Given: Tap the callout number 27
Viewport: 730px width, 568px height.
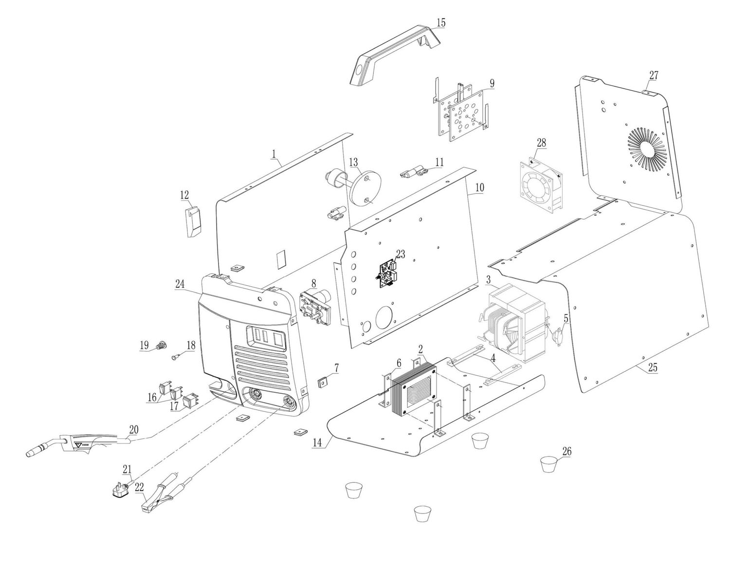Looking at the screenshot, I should tap(654, 75).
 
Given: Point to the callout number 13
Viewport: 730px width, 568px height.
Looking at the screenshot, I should tap(353, 161).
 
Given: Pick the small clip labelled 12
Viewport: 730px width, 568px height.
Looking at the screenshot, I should tap(192, 221).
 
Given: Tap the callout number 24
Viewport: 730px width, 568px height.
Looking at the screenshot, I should tap(180, 284).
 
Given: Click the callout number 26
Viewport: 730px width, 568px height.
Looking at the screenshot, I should tap(566, 451).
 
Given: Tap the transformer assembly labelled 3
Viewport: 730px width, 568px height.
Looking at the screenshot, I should tap(516, 323).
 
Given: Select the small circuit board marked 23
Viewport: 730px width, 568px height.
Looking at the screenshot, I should tap(390, 274).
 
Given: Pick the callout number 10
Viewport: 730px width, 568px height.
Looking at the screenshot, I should tap(480, 187).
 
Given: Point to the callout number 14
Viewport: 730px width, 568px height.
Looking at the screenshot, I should tap(317, 443).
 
